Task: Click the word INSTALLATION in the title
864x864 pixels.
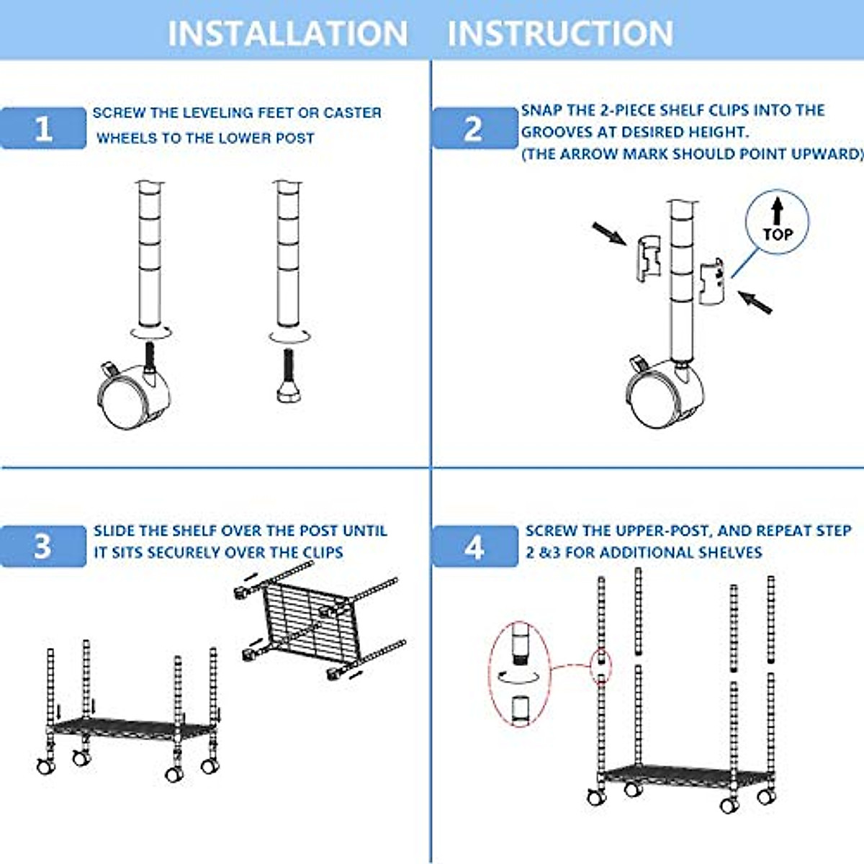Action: click(287, 33)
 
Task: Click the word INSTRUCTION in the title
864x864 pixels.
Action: click(560, 33)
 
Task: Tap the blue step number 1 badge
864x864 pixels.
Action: click(43, 128)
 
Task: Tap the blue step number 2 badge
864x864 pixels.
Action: click(474, 128)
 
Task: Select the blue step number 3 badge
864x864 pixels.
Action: click(43, 546)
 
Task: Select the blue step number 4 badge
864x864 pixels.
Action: click(474, 547)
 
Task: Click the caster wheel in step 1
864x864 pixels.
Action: click(134, 396)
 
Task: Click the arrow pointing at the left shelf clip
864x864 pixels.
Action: click(608, 233)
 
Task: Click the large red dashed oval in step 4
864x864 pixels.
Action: click(520, 674)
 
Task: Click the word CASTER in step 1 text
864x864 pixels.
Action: click(352, 113)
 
